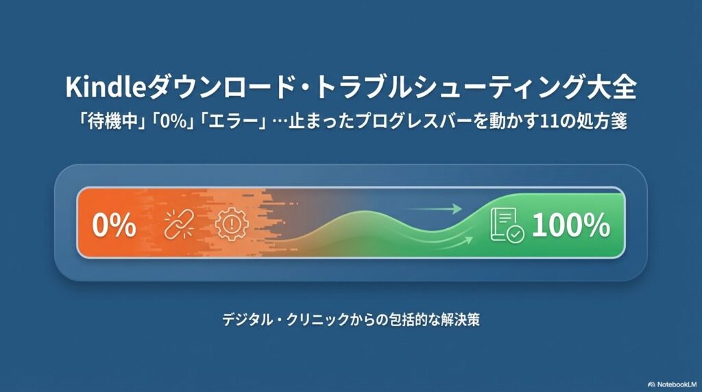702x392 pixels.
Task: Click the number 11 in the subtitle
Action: coord(546,121)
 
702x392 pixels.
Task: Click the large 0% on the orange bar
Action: coord(114,224)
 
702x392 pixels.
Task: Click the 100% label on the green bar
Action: coord(570,225)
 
